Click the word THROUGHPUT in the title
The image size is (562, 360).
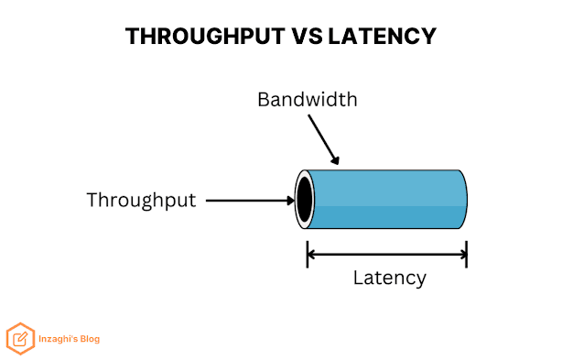coord(205,37)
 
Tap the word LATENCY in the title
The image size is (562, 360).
coord(382,37)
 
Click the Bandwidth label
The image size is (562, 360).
coord(308,99)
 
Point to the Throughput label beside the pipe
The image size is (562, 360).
coord(141,201)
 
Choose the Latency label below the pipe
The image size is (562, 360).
coord(390,278)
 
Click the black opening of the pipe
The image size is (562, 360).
coord(305,200)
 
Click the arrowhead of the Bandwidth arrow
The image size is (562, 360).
coord(335,160)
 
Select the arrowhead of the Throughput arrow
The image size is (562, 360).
coord(291,201)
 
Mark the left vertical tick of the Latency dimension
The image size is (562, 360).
coord(308,255)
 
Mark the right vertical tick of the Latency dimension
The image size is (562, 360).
coord(466,255)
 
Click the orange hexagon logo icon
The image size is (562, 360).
coord(20,339)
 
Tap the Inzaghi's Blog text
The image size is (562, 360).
coord(70,339)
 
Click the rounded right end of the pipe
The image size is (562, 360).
coord(463,200)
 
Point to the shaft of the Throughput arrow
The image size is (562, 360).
coord(246,201)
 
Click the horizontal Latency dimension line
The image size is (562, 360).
coord(387,255)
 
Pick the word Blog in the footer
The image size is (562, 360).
coord(90,339)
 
